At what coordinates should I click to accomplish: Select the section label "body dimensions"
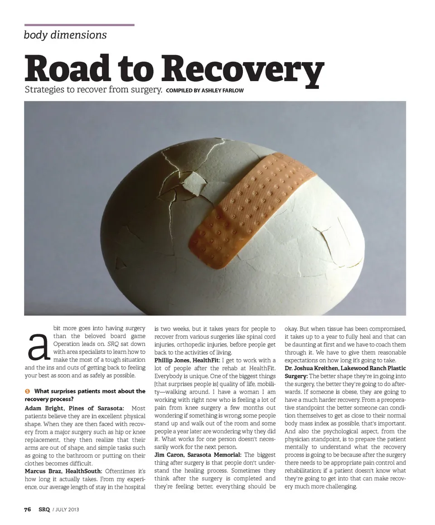coord(65,35)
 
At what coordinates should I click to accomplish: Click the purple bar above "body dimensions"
coord(79,25)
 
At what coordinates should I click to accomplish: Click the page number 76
coord(28,510)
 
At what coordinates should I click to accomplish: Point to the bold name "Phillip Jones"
coord(173,360)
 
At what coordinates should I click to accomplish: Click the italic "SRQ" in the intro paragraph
coord(113,344)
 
